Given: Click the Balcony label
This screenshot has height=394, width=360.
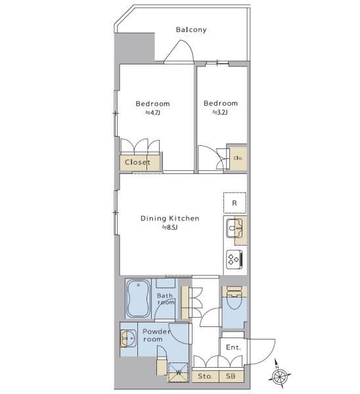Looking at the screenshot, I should click(x=191, y=30).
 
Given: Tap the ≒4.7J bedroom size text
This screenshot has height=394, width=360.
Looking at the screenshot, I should click(x=152, y=113).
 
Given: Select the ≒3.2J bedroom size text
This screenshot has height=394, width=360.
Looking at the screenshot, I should click(x=219, y=113).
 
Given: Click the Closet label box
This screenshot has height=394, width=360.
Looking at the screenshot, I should click(x=137, y=162).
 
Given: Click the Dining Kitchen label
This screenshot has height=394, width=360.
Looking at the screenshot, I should click(x=170, y=218).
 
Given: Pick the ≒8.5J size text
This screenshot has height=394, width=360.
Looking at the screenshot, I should click(x=170, y=227).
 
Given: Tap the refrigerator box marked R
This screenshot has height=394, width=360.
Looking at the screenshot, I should click(x=235, y=203).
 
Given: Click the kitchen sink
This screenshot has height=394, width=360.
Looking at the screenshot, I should click(x=235, y=229).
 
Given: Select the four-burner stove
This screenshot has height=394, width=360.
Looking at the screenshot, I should click(x=235, y=258).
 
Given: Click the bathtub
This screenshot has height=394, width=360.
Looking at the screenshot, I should click(x=139, y=299).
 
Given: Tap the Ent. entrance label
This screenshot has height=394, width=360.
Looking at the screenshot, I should click(x=233, y=347).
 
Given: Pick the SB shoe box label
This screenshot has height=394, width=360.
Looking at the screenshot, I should click(x=231, y=377).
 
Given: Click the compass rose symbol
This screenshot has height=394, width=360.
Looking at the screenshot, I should click(x=281, y=376).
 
